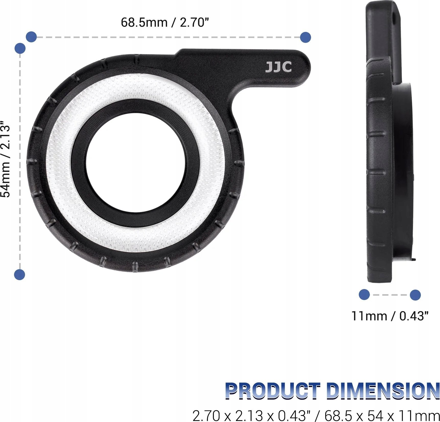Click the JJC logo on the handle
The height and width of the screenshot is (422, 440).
[x=278, y=67]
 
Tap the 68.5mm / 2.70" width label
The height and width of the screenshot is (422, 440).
[x=165, y=22]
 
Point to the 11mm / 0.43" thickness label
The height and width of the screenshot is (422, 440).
[x=390, y=316]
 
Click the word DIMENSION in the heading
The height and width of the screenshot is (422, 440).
[x=383, y=391]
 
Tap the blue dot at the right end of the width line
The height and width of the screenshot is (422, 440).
[x=305, y=37]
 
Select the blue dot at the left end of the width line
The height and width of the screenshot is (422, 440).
[x=31, y=37]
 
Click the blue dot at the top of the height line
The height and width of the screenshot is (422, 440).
[x=20, y=48]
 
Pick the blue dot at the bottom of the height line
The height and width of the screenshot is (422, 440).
[x=20, y=275]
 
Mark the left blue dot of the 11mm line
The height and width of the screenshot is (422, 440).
[x=364, y=295]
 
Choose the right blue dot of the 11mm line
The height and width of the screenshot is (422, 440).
[x=415, y=295]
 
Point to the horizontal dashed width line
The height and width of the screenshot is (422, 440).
[x=169, y=37]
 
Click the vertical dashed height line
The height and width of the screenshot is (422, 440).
[x=20, y=161]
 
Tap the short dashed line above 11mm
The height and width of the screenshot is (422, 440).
[x=390, y=295]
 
